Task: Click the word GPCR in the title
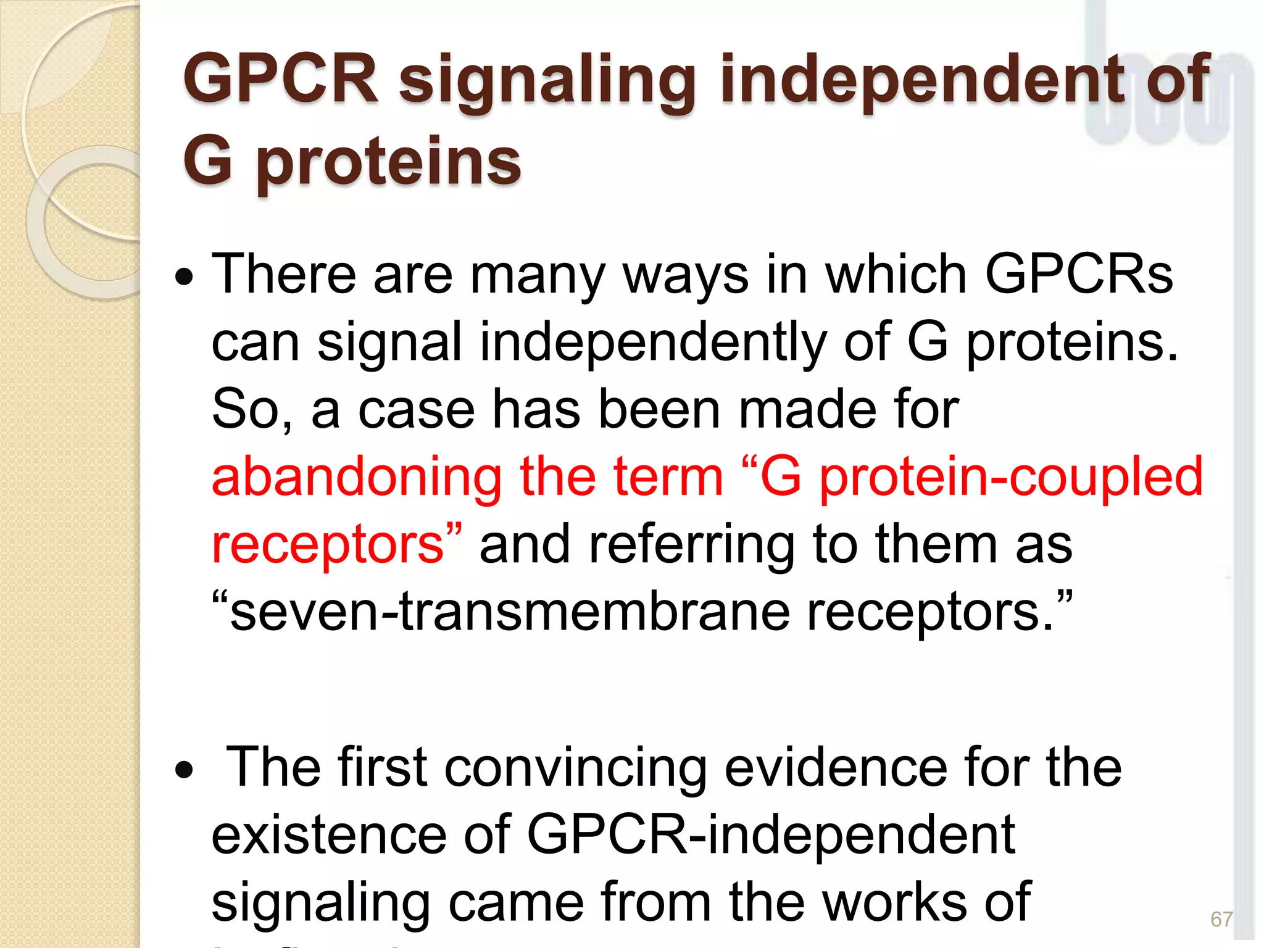tap(281, 79)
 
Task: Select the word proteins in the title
tap(389, 162)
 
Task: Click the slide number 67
tap(1221, 919)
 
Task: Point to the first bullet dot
tap(184, 277)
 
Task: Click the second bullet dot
tap(184, 770)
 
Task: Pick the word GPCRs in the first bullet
tap(1078, 274)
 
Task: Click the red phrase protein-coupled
tap(1011, 477)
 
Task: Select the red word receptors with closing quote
tap(336, 544)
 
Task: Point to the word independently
tap(653, 343)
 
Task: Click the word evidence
tap(836, 768)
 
